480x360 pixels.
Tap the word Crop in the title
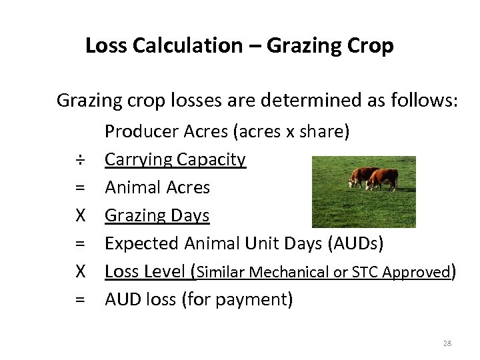click(371, 46)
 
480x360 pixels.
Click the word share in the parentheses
click(323, 132)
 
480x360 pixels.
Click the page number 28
click(447, 343)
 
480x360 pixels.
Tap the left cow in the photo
click(363, 177)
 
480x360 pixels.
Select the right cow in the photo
click(385, 179)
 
